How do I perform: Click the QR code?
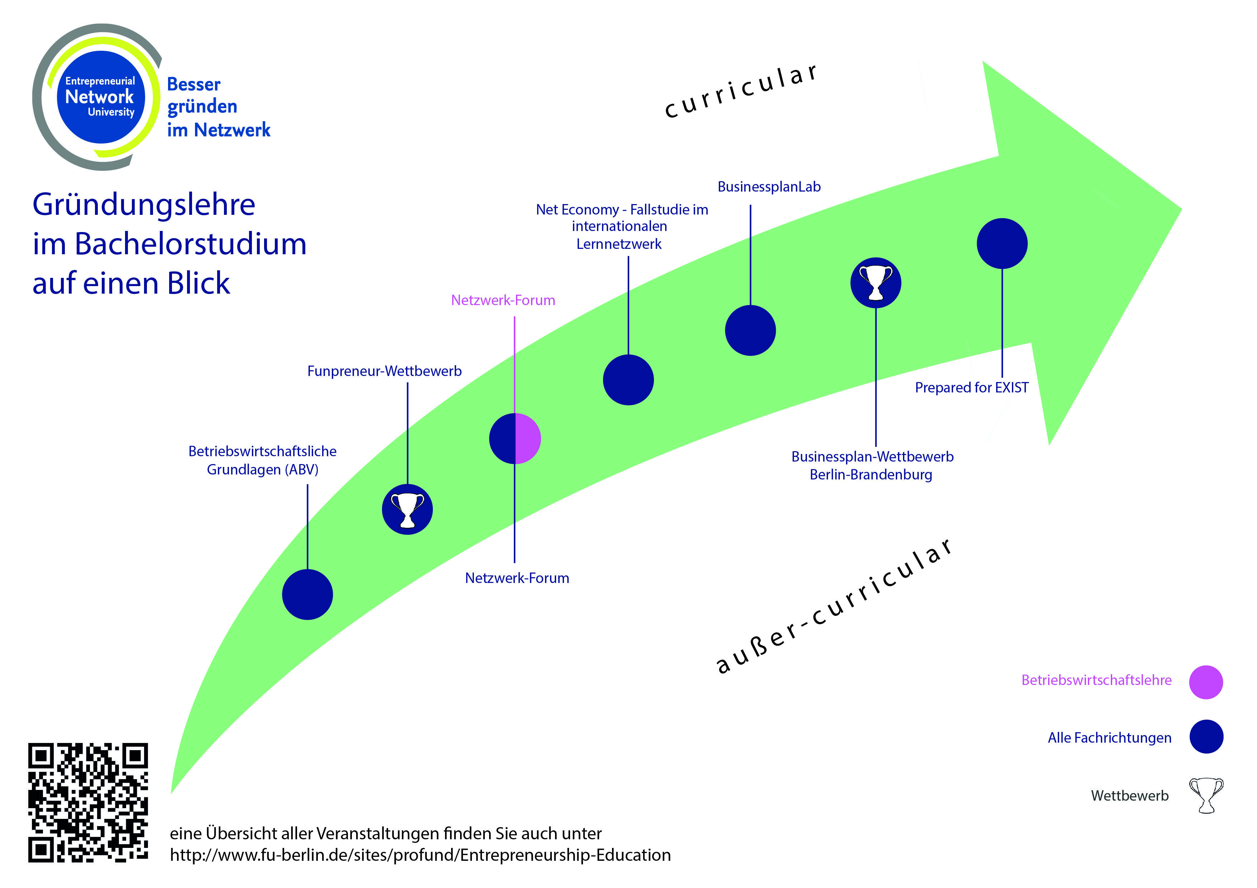(88, 802)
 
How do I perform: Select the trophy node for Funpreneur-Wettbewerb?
(407, 510)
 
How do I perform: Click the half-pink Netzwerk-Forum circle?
(515, 438)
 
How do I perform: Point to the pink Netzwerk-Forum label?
(503, 300)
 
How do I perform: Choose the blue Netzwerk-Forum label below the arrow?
(517, 578)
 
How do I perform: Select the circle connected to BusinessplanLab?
(750, 330)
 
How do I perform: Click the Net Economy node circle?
(628, 380)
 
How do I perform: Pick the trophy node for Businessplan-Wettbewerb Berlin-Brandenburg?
(875, 283)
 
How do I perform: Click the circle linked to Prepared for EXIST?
(1002, 243)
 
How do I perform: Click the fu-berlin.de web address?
(420, 855)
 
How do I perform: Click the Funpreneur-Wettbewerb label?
(384, 372)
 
